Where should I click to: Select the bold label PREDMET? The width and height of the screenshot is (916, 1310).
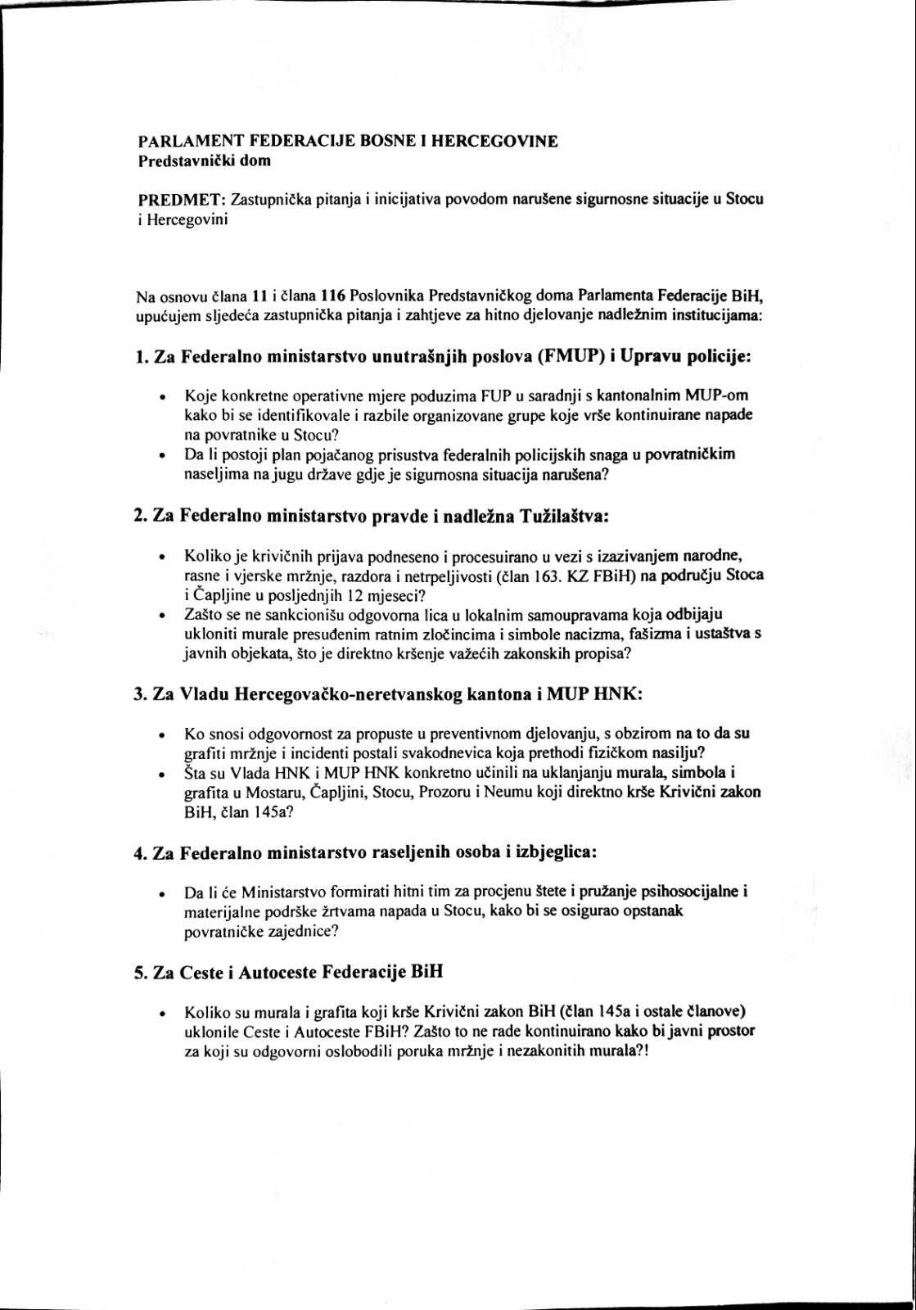coord(181,201)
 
